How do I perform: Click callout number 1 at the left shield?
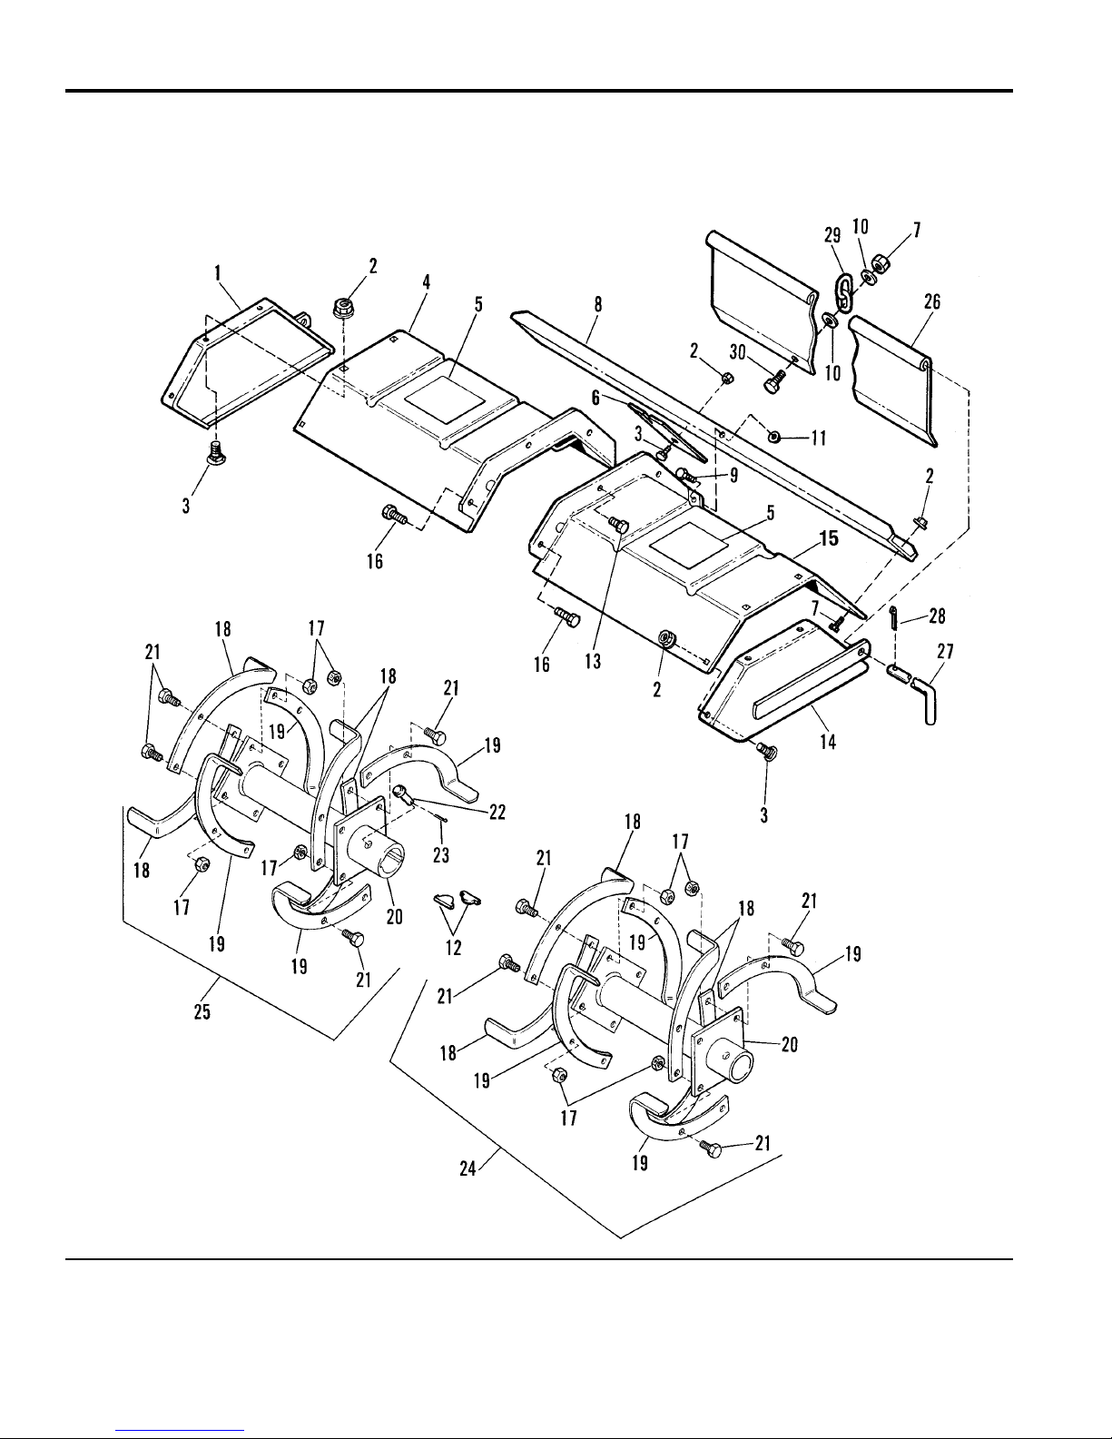[217, 273]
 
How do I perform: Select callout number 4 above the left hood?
[427, 282]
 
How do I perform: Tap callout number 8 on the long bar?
[597, 304]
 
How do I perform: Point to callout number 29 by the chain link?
[832, 235]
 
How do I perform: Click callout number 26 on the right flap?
[931, 302]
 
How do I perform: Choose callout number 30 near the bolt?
[738, 351]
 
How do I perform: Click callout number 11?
[819, 439]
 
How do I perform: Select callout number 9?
[733, 476]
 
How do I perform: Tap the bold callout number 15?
[829, 539]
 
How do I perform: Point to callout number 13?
[593, 661]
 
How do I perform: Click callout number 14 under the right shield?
[828, 742]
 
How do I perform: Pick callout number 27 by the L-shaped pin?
[945, 652]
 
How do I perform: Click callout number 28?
[937, 616]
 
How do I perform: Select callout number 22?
[497, 812]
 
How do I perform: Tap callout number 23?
[441, 855]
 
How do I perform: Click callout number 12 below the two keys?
[453, 948]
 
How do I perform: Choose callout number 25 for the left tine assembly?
[202, 1012]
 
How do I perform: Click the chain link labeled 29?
[842, 292]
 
